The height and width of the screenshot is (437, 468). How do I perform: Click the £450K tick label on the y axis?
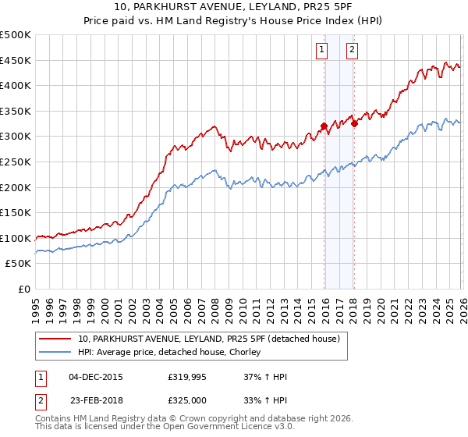(16, 60)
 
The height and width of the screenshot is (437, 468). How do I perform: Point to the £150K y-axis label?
(16, 212)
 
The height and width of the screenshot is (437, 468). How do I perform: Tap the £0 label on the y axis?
(24, 289)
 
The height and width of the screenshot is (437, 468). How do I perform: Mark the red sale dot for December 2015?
(324, 126)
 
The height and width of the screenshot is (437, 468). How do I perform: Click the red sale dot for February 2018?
(354, 123)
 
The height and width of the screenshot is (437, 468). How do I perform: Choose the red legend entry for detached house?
(208, 339)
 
